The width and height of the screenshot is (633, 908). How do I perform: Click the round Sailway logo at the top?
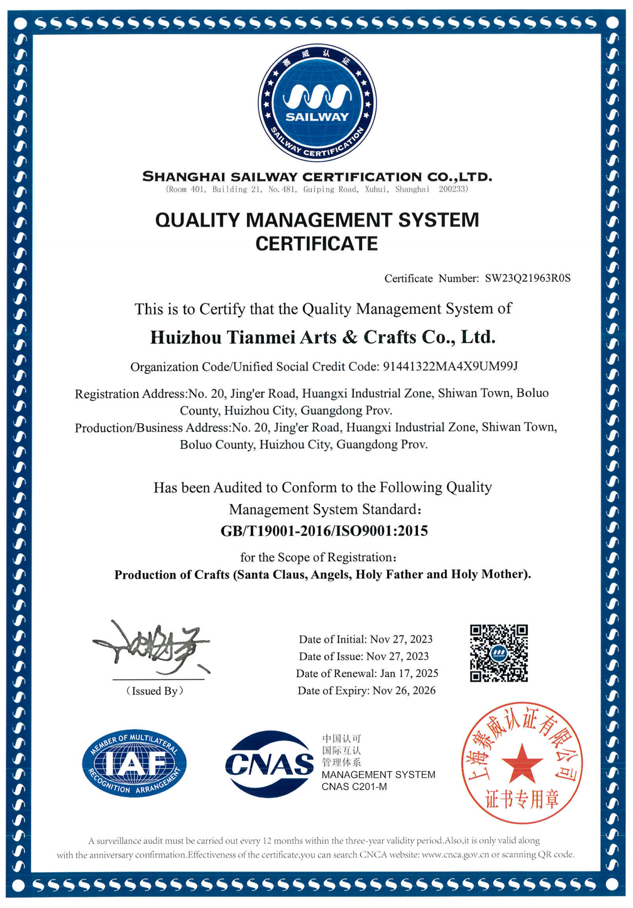coord(317,103)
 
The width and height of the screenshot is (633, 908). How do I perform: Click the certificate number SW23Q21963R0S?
coord(528,278)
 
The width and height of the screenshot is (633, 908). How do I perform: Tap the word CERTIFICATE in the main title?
coord(316,244)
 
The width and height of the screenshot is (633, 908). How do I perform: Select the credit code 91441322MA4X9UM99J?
coord(450,366)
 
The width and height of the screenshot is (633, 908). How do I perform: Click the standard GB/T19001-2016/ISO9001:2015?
coord(324,531)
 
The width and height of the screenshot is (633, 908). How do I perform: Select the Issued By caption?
coord(154,691)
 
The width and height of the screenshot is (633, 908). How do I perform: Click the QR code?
coord(499,653)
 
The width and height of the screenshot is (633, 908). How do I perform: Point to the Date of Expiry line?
coord(366,690)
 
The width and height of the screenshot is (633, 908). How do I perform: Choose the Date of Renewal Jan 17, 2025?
coord(409,673)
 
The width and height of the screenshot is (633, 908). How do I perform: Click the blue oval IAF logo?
coord(134,763)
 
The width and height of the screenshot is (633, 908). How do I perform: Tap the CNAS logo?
coord(269,764)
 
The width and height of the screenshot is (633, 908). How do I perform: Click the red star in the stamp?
coord(522,762)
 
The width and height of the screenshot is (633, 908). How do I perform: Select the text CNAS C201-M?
coord(354,787)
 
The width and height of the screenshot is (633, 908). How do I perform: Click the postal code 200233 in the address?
coord(452,189)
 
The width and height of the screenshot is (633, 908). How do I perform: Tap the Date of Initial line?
coord(366,639)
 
